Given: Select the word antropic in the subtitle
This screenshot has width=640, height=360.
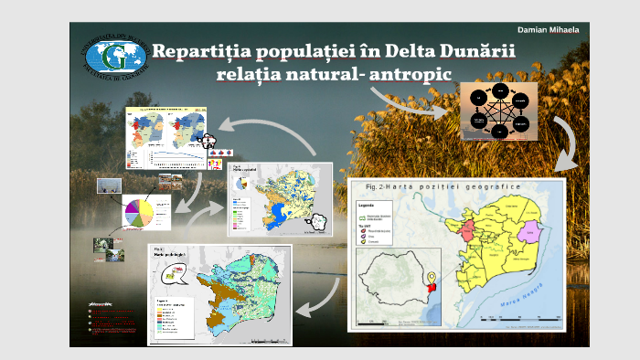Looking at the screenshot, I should [x=408, y=73].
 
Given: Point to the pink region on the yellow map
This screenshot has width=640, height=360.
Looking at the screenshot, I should [x=529, y=230].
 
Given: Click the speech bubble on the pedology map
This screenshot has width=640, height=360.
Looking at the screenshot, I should [x=171, y=271].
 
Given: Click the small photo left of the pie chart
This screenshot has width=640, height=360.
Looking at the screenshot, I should [x=107, y=185].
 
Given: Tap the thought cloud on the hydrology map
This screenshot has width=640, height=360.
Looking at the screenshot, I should [x=318, y=222].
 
